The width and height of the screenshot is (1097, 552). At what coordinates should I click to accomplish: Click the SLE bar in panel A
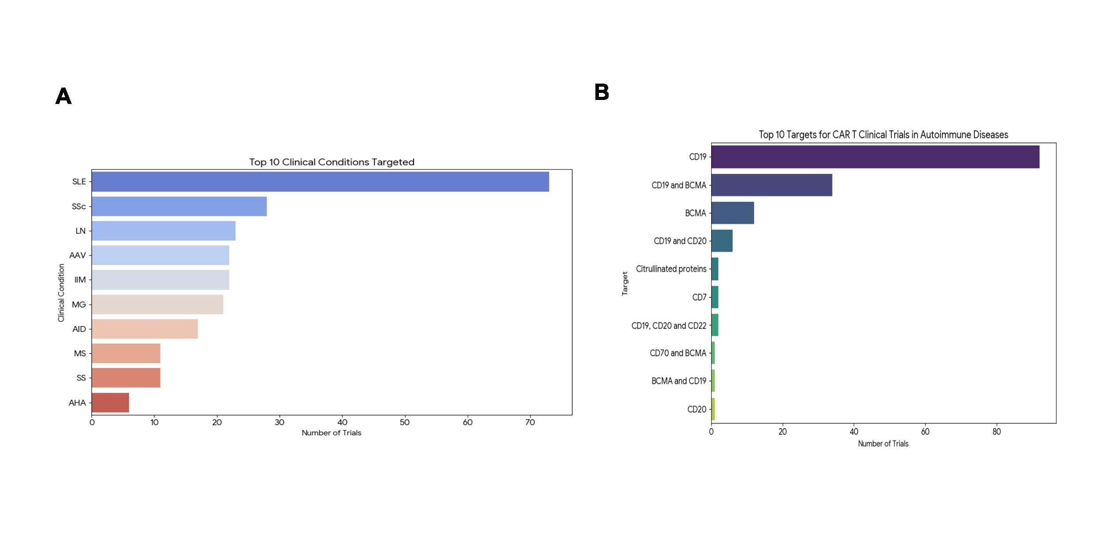[320, 182]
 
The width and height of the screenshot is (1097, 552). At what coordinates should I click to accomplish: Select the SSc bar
[179, 207]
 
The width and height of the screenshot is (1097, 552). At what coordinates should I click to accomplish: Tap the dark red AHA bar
[111, 402]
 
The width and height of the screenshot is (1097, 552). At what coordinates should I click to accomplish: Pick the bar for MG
[157, 304]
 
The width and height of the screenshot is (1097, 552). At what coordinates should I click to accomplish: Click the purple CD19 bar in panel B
[875, 157]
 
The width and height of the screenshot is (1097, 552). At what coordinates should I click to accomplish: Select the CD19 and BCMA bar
[771, 185]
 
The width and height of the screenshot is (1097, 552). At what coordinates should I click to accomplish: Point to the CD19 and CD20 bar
[722, 241]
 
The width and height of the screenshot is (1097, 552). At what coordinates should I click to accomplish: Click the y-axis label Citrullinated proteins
[671, 269]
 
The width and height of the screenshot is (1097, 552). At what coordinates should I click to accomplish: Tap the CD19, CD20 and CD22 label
[669, 326]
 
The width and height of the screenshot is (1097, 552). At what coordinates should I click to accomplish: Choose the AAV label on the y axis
[78, 255]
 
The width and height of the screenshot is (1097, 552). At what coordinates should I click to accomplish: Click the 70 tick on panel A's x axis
[530, 422]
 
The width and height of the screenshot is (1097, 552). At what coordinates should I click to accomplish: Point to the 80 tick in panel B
[997, 432]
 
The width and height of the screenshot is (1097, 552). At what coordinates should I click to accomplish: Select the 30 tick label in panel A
[280, 422]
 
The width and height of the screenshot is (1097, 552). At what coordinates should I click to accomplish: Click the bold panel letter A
[64, 96]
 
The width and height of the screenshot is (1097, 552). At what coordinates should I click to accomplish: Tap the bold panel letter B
[602, 92]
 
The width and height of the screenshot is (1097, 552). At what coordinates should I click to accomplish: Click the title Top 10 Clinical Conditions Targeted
[332, 162]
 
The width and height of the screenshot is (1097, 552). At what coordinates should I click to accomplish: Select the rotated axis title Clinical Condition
[61, 292]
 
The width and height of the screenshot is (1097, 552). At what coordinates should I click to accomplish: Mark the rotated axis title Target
[625, 284]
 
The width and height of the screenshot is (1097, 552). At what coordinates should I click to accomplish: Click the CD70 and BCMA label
[678, 353]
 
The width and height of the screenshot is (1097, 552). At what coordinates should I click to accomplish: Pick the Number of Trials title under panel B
[883, 444]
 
